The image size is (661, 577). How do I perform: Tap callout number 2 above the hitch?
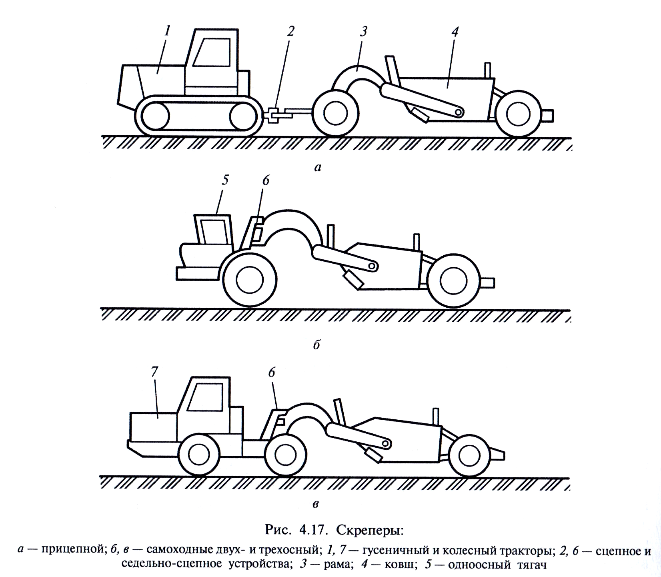point(290,31)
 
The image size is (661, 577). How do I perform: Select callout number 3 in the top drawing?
point(363,32)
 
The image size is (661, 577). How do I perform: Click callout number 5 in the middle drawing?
point(225,180)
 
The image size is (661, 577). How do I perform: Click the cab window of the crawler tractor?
point(210,52)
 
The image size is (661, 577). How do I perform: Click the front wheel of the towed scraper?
point(335,113)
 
